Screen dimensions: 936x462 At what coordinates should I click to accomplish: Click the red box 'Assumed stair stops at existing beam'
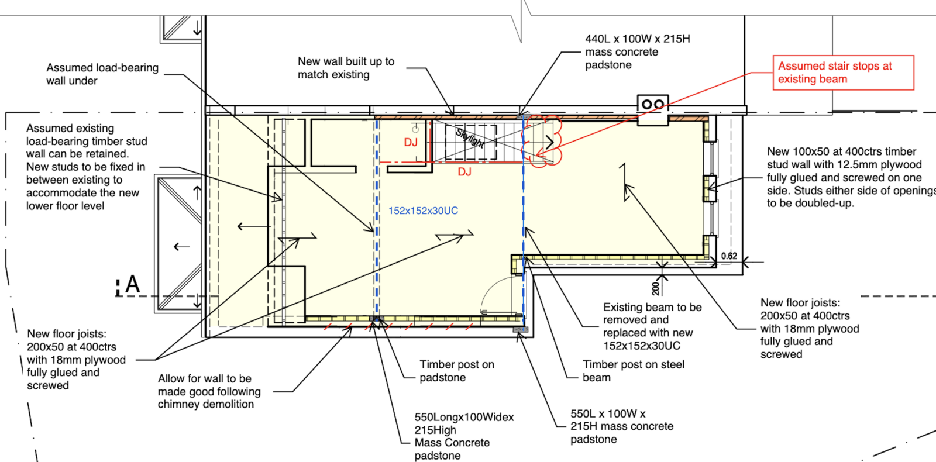843,73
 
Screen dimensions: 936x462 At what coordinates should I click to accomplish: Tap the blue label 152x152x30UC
424,211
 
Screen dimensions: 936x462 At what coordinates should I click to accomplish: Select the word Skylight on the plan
470,138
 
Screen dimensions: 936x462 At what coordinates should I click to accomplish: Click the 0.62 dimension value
729,256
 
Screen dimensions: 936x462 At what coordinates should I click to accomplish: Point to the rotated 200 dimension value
655,288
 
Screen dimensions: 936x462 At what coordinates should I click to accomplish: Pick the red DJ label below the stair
464,172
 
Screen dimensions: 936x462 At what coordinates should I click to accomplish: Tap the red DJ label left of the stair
411,143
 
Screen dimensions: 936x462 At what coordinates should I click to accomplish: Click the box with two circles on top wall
653,104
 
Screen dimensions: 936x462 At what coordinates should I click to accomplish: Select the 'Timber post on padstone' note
457,371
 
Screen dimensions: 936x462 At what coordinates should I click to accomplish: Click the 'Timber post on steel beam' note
634,371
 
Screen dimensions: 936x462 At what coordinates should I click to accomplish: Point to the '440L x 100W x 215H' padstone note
638,52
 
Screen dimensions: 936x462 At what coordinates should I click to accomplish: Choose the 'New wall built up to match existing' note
346,68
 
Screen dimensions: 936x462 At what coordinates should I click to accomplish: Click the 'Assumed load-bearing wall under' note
102,74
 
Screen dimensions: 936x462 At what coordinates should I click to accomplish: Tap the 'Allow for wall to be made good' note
209,391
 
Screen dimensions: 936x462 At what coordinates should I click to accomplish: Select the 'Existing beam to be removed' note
652,326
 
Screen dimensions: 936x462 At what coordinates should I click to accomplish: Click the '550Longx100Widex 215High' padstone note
464,436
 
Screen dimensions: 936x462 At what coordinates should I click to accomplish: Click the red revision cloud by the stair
542,141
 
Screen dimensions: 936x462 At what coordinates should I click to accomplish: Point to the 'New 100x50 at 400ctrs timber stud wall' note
851,178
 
